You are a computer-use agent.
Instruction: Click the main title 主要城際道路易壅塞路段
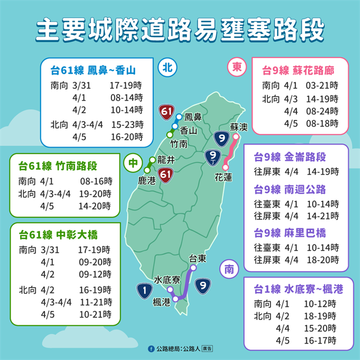(179, 30)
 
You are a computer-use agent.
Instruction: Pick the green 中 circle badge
(133, 164)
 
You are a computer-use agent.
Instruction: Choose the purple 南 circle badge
(229, 269)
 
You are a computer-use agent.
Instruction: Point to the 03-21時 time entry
(323, 86)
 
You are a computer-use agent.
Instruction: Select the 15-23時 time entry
(126, 124)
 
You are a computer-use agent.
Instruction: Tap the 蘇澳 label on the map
(239, 127)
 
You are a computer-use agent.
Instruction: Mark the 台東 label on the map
(197, 257)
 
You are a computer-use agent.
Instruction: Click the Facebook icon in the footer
(151, 348)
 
